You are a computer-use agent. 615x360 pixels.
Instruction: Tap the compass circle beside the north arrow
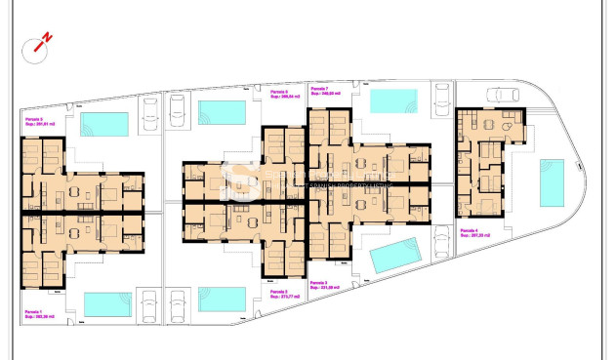coord(38,45)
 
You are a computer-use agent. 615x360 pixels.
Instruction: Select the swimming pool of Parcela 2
coord(223,298)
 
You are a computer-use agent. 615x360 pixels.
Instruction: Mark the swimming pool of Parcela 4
coord(552,182)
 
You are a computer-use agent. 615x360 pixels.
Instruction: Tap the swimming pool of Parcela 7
coord(393,101)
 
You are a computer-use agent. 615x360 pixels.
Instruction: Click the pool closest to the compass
coord(104,124)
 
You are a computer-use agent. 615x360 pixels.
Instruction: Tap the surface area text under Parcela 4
coord(473,236)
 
